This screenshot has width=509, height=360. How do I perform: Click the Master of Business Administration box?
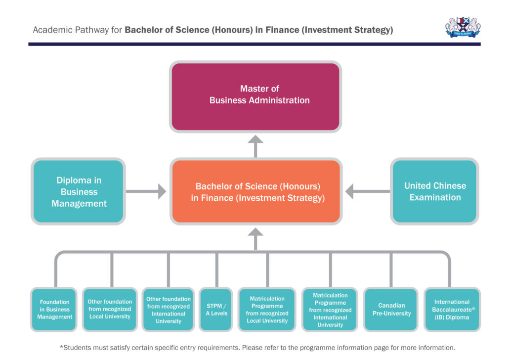pyautogui.click(x=255, y=94)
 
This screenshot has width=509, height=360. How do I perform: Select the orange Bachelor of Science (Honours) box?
pyautogui.click(x=255, y=192)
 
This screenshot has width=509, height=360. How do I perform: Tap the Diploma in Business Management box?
pyautogui.click(x=79, y=192)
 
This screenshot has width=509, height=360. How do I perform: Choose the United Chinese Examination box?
pyautogui.click(x=435, y=191)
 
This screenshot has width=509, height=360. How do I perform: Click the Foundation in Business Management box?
pyautogui.click(x=54, y=310)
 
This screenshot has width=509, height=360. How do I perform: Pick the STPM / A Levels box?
pyautogui.click(x=216, y=310)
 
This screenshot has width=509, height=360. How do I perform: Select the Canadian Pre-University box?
pyautogui.click(x=391, y=310)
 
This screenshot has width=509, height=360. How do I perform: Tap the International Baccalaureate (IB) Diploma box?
pyautogui.click(x=451, y=310)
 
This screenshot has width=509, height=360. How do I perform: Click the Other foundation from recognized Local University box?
pyautogui.click(x=110, y=310)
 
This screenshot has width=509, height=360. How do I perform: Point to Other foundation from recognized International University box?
pyautogui.click(x=168, y=310)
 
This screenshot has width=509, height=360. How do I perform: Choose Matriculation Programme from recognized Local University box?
pyautogui.click(x=267, y=310)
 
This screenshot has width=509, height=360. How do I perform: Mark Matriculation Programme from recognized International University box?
pyautogui.click(x=330, y=310)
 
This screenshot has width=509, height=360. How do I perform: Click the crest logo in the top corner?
pyautogui.click(x=463, y=28)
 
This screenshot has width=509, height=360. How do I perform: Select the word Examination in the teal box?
pyautogui.click(x=435, y=197)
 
